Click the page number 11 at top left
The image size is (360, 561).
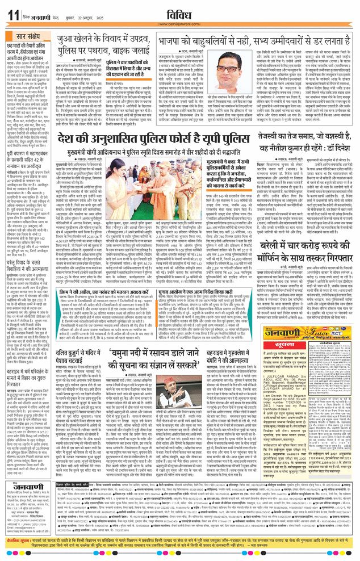click(12, 13)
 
